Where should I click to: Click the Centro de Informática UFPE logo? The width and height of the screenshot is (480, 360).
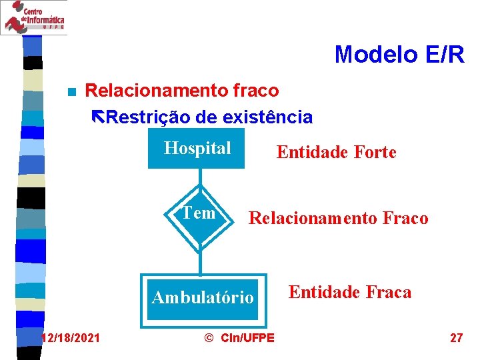click(x=33, y=17)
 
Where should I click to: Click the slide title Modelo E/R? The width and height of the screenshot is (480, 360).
click(x=399, y=55)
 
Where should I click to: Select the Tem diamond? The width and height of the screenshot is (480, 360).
click(x=199, y=214)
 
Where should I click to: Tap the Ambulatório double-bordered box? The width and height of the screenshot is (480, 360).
click(x=203, y=297)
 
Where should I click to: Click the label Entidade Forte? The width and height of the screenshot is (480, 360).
click(x=336, y=153)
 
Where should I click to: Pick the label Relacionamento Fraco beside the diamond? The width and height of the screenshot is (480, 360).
click(x=338, y=218)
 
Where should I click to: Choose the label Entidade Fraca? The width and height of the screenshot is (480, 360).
click(x=349, y=292)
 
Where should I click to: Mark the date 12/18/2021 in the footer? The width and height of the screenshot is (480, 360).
click(x=70, y=338)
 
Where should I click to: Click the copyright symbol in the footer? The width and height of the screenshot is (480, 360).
click(x=207, y=338)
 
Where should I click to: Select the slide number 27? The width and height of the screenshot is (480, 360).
click(x=456, y=338)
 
